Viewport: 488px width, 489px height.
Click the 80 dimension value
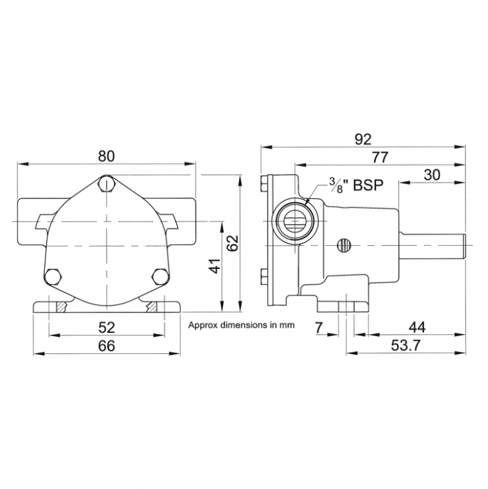[107, 155]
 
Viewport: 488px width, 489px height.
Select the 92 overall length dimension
[363, 139]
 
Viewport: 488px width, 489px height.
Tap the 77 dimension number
[380, 157]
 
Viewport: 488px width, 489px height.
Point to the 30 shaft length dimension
[432, 174]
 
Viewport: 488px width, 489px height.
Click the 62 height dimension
[233, 243]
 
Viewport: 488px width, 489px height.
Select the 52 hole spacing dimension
[107, 327]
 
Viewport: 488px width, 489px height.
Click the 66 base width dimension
[107, 346]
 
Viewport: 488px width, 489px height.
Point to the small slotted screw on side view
[345, 244]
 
